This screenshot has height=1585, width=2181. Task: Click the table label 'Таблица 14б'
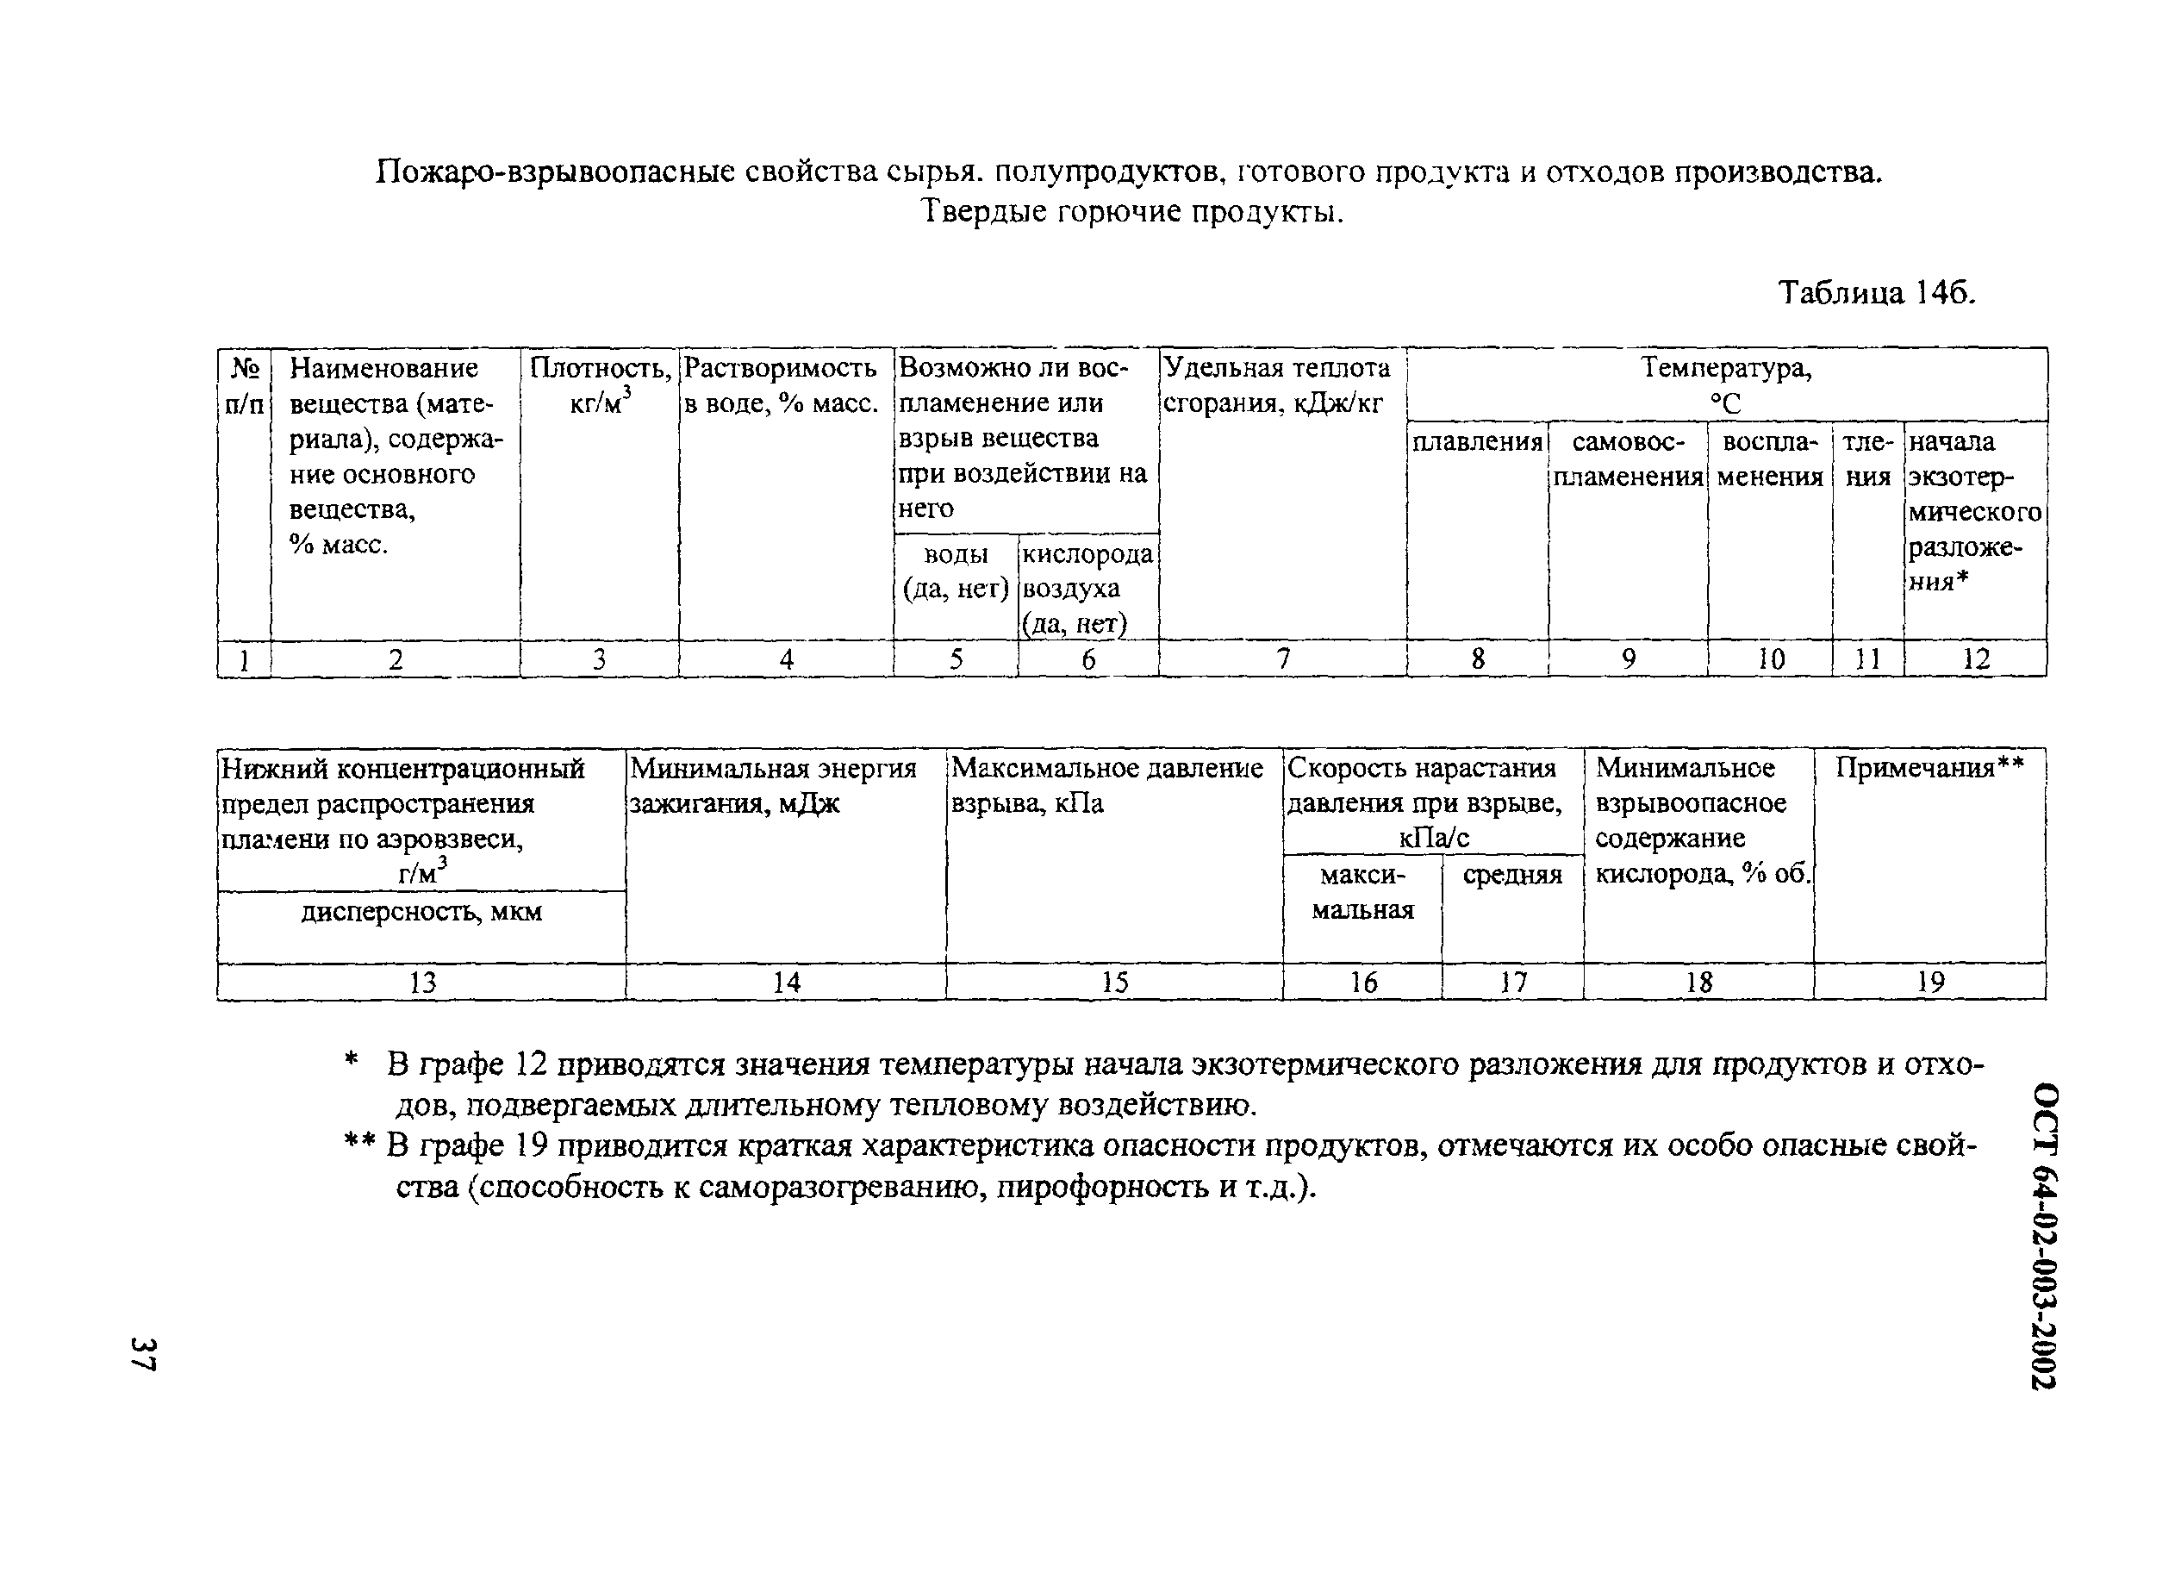point(1875,291)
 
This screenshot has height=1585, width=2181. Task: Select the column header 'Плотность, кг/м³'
point(599,384)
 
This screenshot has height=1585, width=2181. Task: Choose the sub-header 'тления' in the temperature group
point(1866,459)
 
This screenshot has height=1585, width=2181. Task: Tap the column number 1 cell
point(244,660)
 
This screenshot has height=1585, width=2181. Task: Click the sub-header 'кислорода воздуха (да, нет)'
point(1087,588)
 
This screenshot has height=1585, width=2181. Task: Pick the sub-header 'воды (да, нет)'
point(955,571)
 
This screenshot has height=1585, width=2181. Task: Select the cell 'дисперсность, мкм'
point(421,912)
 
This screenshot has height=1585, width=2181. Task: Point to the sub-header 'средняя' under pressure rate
point(1511,875)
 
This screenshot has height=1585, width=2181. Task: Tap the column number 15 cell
point(1113,982)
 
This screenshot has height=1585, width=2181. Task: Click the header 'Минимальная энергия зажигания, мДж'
point(773,785)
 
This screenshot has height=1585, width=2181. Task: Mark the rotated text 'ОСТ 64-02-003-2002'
point(2045,1235)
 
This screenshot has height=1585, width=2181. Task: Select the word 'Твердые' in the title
point(983,210)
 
